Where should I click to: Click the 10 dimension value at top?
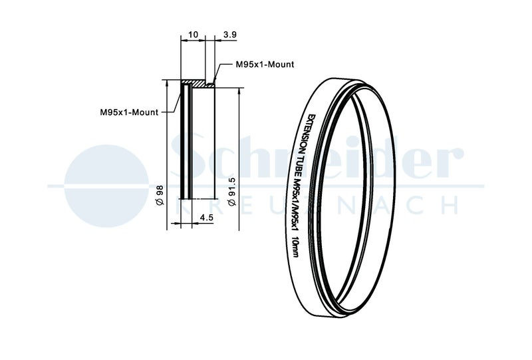click(193, 35)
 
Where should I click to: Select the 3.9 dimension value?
click(229, 35)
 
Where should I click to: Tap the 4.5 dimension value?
click(206, 217)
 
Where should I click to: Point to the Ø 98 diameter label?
click(160, 195)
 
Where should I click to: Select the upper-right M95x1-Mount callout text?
click(265, 64)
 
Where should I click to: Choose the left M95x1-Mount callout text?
click(129, 112)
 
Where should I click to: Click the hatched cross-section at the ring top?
click(198, 84)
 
